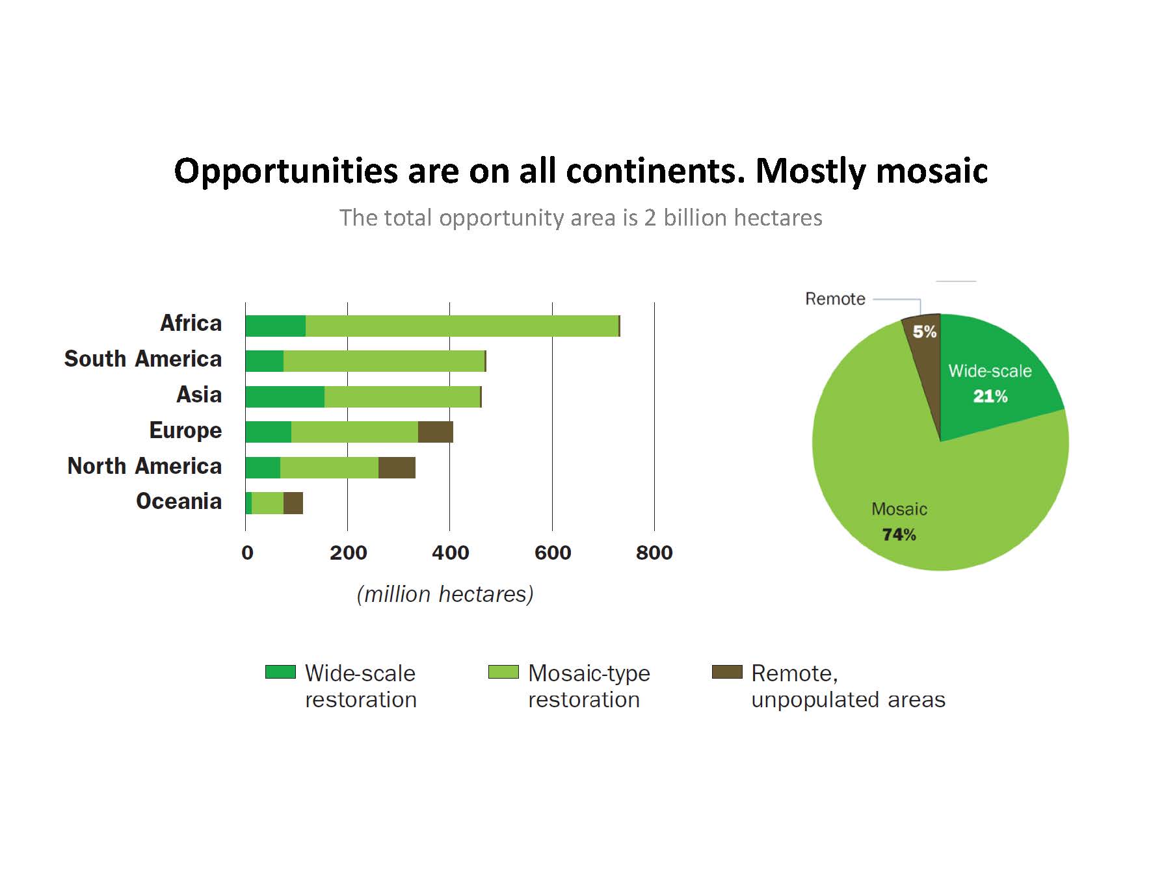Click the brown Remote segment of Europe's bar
(436, 432)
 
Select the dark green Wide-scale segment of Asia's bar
(285, 397)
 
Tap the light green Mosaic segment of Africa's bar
(462, 326)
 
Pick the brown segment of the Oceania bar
(293, 503)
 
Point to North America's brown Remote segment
(397, 467)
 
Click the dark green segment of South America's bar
(265, 361)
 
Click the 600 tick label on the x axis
(553, 553)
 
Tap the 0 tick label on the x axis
(247, 553)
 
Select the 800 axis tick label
(654, 553)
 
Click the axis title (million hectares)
(445, 594)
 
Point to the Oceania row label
(179, 501)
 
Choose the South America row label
(143, 359)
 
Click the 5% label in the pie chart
(925, 332)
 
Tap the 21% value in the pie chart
(990, 397)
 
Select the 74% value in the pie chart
(899, 535)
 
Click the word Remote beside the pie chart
(836, 299)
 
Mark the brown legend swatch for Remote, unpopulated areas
(727, 672)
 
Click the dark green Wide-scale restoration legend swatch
(280, 672)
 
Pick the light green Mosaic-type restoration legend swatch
(504, 672)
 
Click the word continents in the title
(655, 171)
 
